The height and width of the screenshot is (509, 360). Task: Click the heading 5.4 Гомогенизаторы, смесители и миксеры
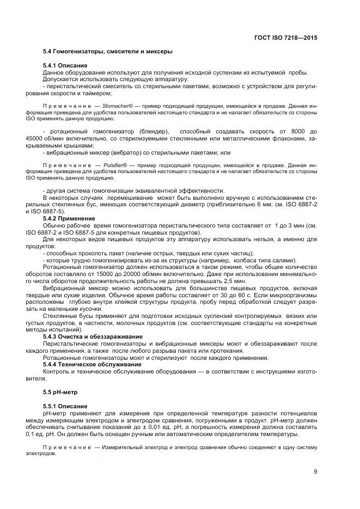pyautogui.click(x=107, y=51)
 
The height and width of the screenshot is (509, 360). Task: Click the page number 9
pyautogui.click(x=315, y=471)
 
